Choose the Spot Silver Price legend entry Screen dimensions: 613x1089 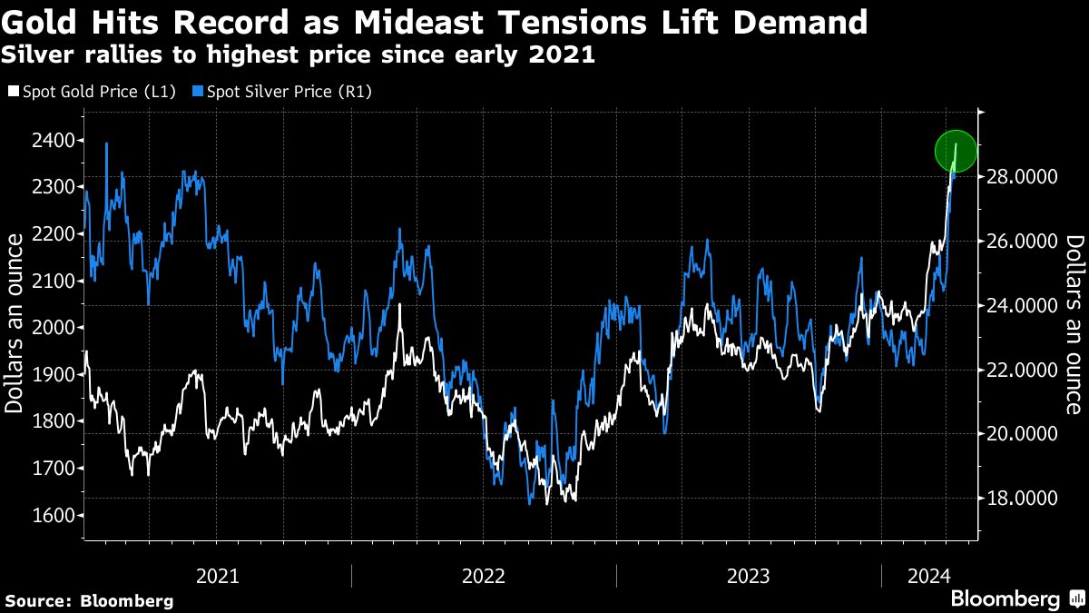point(289,91)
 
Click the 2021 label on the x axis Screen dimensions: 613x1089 point(217,575)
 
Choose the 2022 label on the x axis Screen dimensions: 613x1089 point(483,575)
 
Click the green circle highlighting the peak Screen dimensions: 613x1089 point(956,151)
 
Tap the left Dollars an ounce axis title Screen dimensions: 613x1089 point(15,322)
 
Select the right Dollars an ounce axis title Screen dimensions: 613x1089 point(1074,322)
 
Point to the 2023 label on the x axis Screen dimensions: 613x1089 point(748,575)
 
